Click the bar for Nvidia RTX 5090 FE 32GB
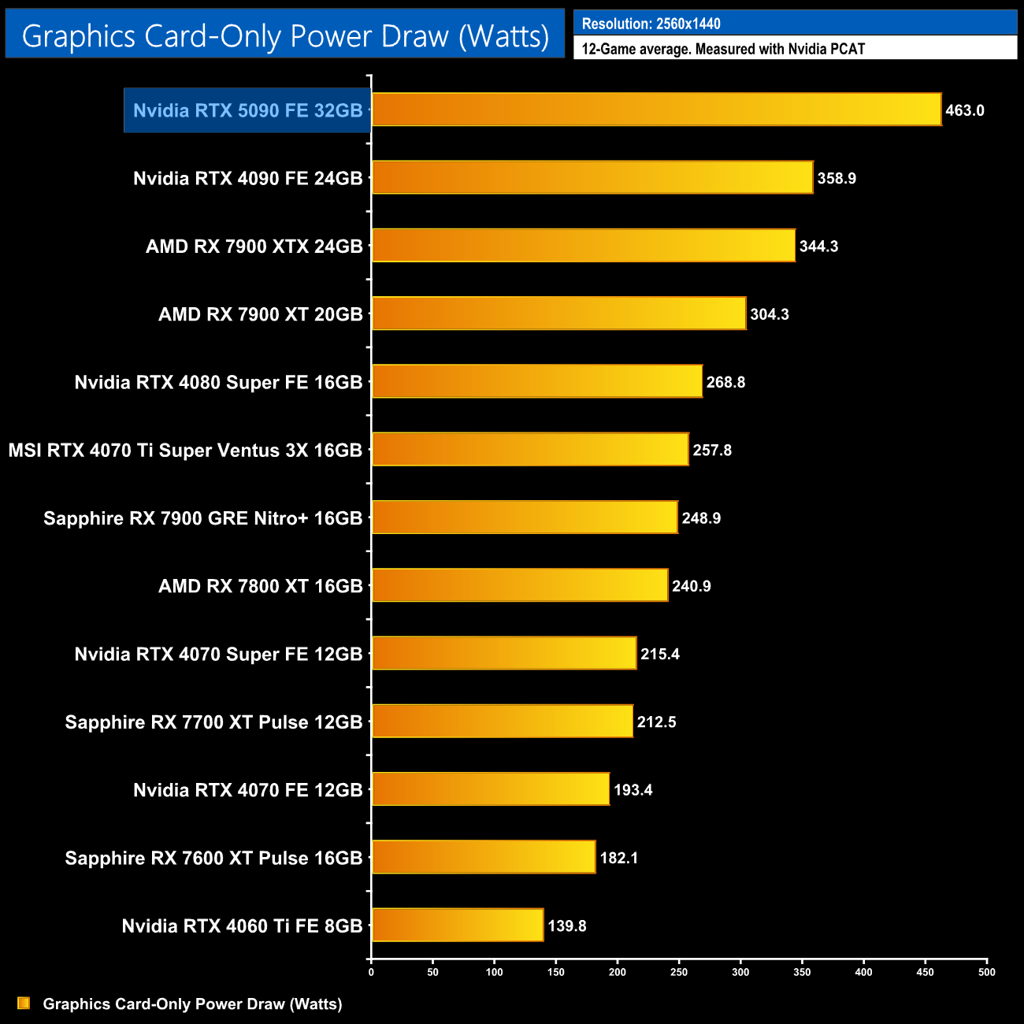[x=656, y=109]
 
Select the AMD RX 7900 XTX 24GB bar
[x=583, y=246]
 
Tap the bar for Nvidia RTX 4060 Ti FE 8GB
[x=457, y=925]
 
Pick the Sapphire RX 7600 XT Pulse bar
[x=483, y=857]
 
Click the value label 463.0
[x=965, y=110]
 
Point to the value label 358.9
[x=837, y=178]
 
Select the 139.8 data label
[x=567, y=926]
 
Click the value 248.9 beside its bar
[x=701, y=518]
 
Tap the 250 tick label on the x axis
[x=679, y=972]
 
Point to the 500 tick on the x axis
[x=986, y=972]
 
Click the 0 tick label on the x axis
[x=371, y=972]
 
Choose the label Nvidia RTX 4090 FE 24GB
[x=248, y=178]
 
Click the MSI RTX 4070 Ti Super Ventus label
[x=185, y=451]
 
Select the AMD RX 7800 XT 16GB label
[x=261, y=586]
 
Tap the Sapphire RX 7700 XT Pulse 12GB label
[x=213, y=722]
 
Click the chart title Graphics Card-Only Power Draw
[x=285, y=35]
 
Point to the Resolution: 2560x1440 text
[x=651, y=24]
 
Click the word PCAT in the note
[x=846, y=49]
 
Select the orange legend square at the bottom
[x=24, y=1003]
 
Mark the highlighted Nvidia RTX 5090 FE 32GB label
[x=248, y=110]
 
